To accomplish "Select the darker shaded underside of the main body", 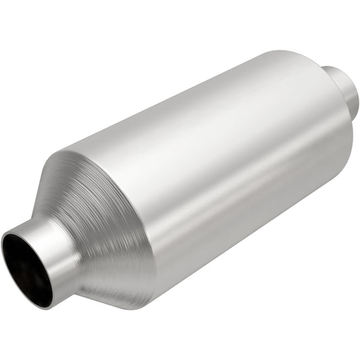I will click(250, 230).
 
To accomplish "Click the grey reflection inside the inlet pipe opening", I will click(34, 267).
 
